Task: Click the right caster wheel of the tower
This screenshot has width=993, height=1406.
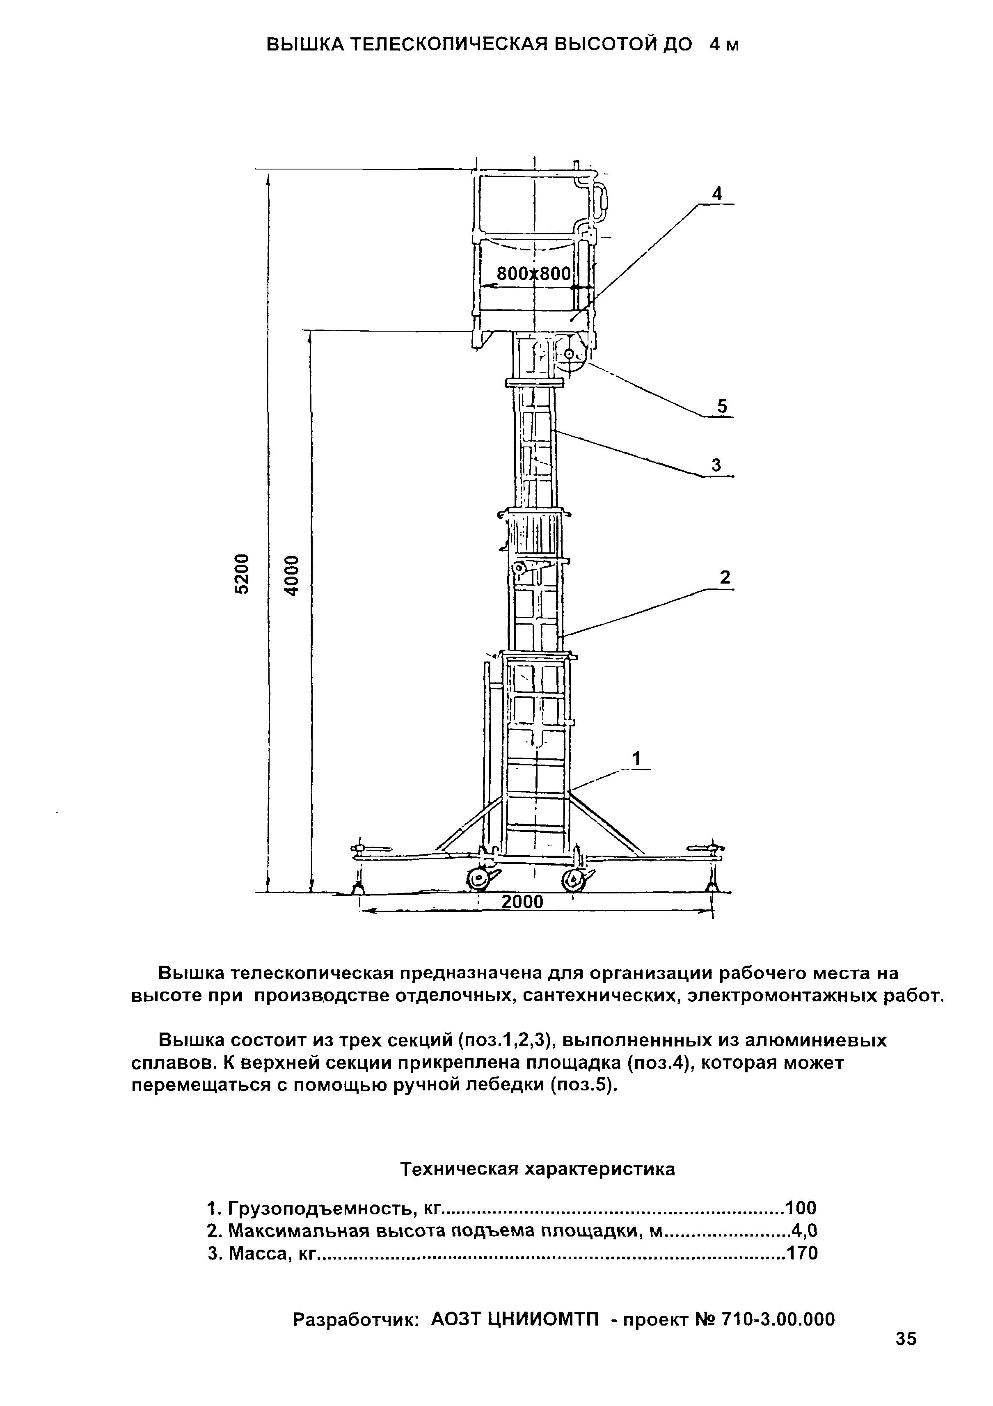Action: (574, 880)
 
